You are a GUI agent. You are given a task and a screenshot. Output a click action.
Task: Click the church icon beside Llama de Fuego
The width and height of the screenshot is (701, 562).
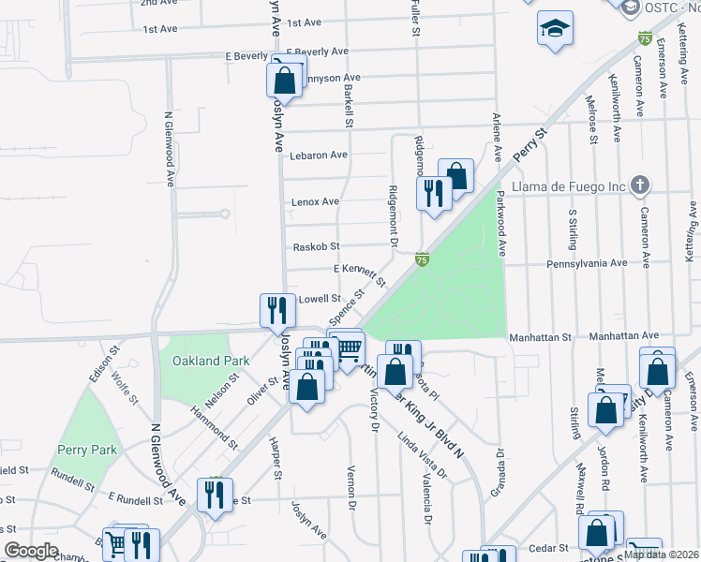pyautogui.click(x=640, y=185)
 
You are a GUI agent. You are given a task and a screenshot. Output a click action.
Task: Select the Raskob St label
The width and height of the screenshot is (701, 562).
pyautogui.click(x=316, y=247)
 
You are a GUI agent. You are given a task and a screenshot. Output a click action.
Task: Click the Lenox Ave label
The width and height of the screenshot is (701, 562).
pyautogui.click(x=316, y=201)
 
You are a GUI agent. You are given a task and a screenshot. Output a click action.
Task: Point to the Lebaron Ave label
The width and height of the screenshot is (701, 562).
pyautogui.click(x=319, y=155)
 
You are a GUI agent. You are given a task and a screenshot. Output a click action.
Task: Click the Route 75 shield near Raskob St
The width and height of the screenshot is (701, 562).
pyautogui.click(x=422, y=259)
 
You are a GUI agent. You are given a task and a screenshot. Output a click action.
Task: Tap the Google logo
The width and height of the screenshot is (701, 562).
pyautogui.click(x=32, y=551)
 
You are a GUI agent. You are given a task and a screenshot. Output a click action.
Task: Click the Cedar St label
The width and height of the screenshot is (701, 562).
pyautogui.click(x=549, y=546)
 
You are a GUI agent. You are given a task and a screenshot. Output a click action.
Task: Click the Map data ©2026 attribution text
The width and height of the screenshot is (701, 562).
pyautogui.click(x=662, y=555)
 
